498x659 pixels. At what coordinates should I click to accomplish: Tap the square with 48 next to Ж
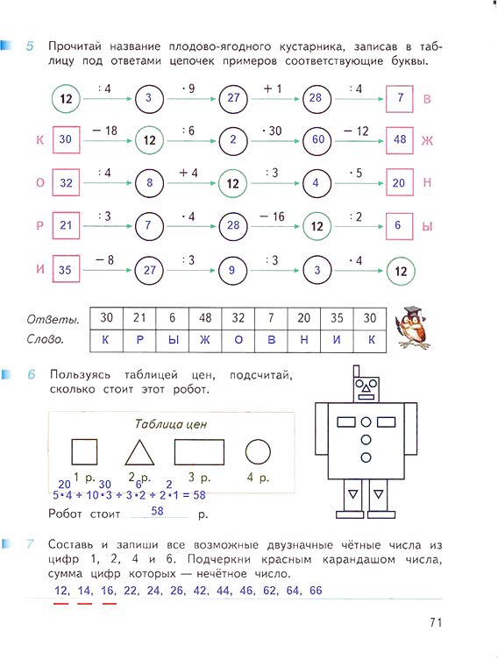(x=399, y=140)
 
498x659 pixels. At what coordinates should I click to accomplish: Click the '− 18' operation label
(x=104, y=131)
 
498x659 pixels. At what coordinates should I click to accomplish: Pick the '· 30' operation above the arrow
(x=271, y=131)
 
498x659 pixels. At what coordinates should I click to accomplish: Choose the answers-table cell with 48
(x=205, y=318)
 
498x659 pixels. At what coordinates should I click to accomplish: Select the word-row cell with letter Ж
(x=205, y=340)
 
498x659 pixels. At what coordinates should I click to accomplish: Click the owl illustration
(x=413, y=328)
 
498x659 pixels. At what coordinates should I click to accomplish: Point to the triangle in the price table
(x=139, y=452)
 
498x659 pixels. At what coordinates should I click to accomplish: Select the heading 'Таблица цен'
(x=171, y=424)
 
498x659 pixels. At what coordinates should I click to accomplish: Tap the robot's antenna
(x=357, y=372)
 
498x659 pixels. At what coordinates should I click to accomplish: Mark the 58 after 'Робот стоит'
(x=157, y=511)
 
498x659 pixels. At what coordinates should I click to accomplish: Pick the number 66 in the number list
(x=316, y=591)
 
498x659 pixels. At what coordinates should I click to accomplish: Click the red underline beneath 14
(x=85, y=604)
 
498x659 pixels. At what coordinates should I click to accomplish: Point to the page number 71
(x=436, y=622)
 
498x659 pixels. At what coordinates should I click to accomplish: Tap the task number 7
(x=30, y=544)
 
